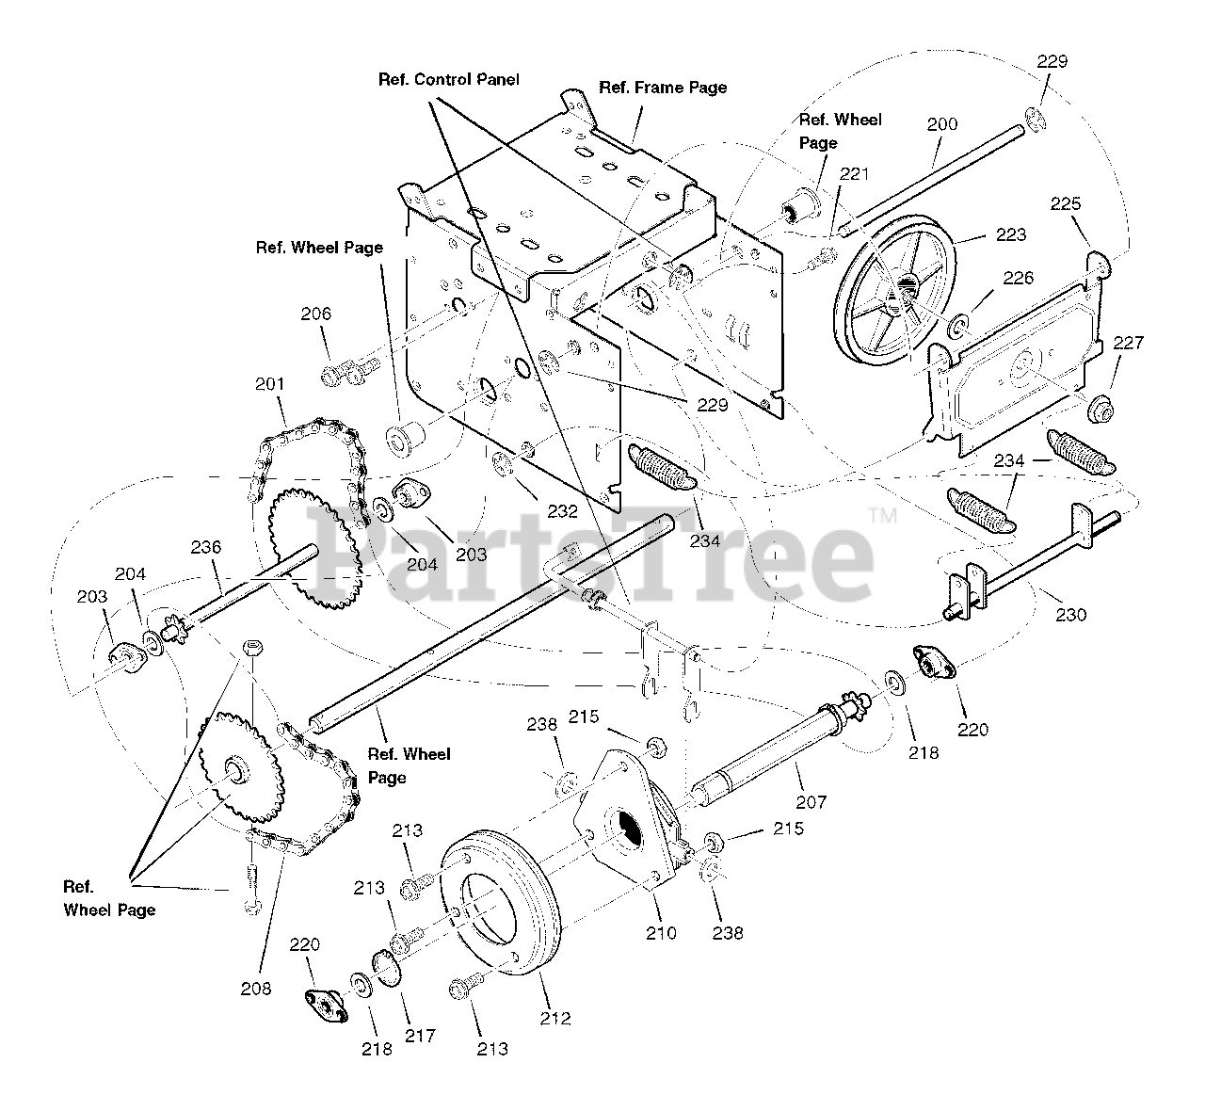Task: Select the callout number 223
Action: point(1010,235)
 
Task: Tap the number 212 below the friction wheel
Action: point(555,1018)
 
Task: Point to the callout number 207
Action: point(811,802)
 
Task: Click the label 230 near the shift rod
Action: point(1070,615)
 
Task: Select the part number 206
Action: point(316,314)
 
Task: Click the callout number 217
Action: point(420,1036)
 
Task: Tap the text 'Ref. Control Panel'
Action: point(448,80)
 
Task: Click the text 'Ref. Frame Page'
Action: point(663,88)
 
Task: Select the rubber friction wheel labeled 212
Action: point(499,894)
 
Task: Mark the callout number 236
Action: point(205,547)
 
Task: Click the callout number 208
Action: point(255,988)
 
